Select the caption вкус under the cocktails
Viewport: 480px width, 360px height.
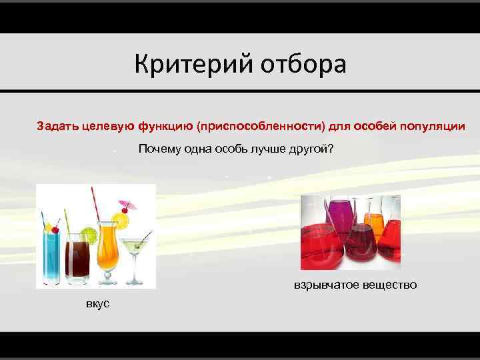(98, 303)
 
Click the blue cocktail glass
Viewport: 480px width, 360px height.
(51, 257)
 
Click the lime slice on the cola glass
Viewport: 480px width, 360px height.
(88, 234)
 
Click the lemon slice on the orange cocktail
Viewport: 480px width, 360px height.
(120, 219)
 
